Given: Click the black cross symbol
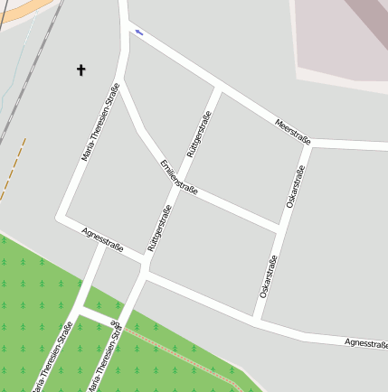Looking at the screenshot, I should (80, 69).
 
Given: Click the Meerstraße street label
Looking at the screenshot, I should (294, 128).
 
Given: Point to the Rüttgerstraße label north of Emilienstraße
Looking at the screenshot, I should (198, 135).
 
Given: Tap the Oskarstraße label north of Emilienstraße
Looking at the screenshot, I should (296, 188).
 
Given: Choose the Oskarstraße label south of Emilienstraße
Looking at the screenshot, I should (268, 277).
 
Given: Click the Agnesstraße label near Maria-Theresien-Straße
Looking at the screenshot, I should (101, 239).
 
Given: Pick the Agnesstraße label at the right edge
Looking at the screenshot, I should (366, 343).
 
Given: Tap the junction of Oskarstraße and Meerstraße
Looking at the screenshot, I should (312, 145).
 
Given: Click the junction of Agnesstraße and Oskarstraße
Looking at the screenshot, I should (256, 319).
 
